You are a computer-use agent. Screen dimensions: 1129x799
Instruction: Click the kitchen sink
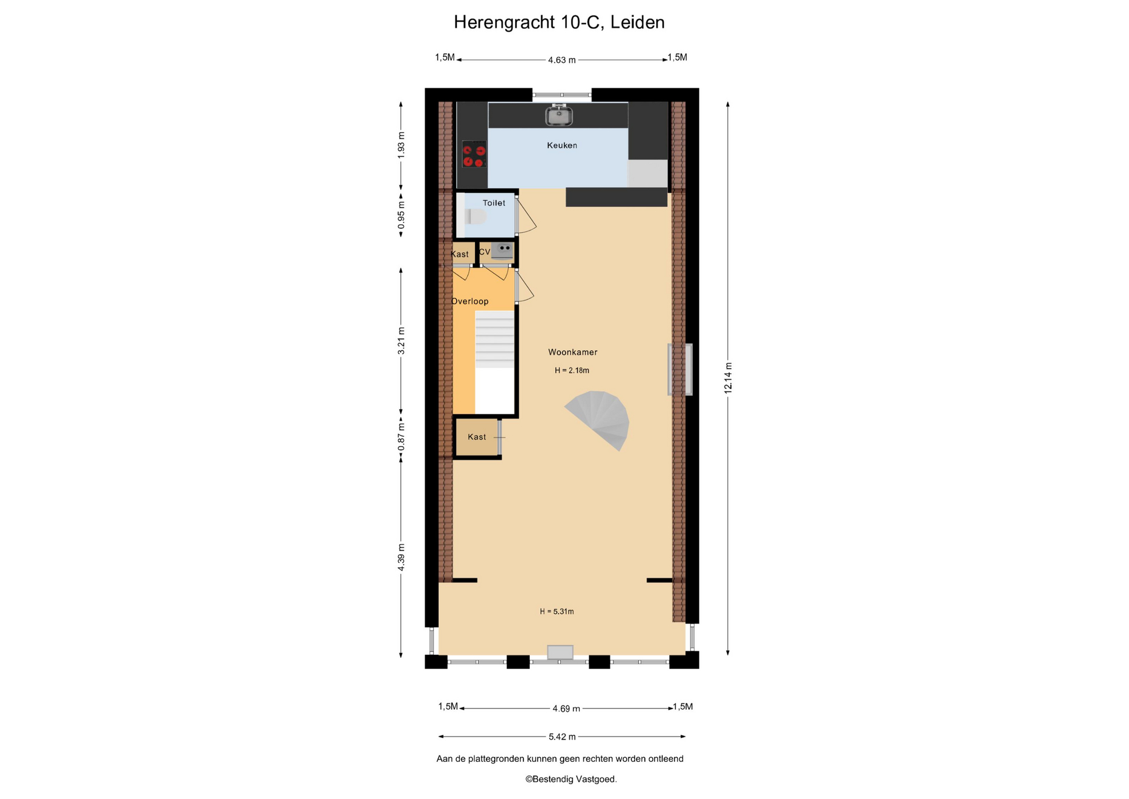click(x=559, y=115)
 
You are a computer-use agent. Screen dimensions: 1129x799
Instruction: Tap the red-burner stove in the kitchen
click(x=473, y=154)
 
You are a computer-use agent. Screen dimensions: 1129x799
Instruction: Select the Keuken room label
click(x=562, y=145)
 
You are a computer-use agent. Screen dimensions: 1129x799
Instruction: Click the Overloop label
click(x=470, y=301)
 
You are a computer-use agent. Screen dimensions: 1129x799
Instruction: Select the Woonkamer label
click(x=573, y=352)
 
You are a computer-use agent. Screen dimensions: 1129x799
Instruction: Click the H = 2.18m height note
click(x=572, y=371)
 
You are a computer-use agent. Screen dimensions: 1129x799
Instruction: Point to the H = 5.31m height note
click(x=557, y=611)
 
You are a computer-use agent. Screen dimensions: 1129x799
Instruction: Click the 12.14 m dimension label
click(x=728, y=378)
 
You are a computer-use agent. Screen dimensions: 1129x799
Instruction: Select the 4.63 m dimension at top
click(x=562, y=60)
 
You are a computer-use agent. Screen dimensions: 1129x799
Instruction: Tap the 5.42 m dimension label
click(x=562, y=737)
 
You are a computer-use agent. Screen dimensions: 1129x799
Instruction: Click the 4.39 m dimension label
click(x=401, y=557)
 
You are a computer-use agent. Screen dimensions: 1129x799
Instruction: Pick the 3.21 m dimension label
click(x=401, y=341)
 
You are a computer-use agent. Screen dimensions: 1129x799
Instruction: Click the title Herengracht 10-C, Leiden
click(x=559, y=22)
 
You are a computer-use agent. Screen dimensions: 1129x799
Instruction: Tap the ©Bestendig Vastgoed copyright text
click(x=571, y=779)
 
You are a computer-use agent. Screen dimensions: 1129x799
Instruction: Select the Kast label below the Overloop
click(x=477, y=437)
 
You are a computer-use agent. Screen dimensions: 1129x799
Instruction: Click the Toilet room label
click(x=494, y=203)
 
